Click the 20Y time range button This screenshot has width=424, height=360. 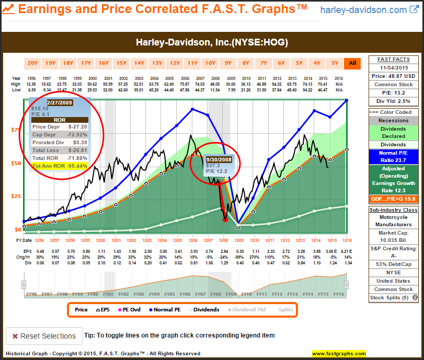pos(32,63)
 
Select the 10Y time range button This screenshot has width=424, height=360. pos(210,63)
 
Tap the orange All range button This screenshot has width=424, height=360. pos(352,63)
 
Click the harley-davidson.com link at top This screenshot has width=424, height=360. pos(363,10)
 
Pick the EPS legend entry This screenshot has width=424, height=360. pos(103,310)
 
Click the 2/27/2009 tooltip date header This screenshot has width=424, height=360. pos(61,102)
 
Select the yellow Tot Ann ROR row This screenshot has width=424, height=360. pos(60,166)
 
